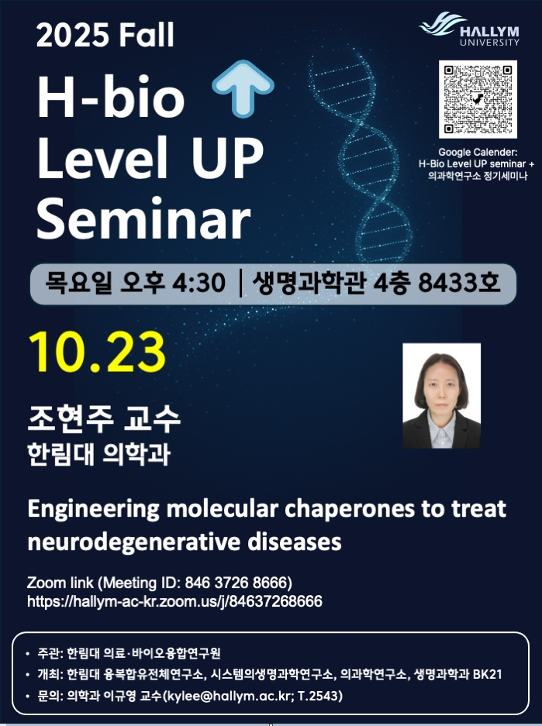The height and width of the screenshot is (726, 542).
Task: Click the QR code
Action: point(478,99)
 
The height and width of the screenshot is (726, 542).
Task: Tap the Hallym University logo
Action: point(469,29)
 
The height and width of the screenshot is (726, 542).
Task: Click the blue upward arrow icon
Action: point(243,88)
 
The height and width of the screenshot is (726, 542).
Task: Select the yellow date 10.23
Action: point(97,352)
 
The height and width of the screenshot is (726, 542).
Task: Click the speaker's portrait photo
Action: point(441,396)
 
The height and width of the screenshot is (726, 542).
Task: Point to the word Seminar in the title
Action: point(143,218)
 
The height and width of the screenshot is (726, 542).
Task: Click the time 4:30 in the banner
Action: point(199,283)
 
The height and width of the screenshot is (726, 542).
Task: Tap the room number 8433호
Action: point(459,283)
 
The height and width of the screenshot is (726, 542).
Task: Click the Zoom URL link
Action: point(174,601)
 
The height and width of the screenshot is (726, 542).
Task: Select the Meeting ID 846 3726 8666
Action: point(238,583)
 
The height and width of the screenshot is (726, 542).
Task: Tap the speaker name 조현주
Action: point(71,418)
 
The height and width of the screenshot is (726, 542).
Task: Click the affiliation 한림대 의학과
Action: point(98,454)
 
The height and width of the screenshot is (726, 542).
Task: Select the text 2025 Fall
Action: point(105,35)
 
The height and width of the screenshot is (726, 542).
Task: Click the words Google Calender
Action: point(478,153)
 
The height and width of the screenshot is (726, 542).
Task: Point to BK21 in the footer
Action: point(487,675)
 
